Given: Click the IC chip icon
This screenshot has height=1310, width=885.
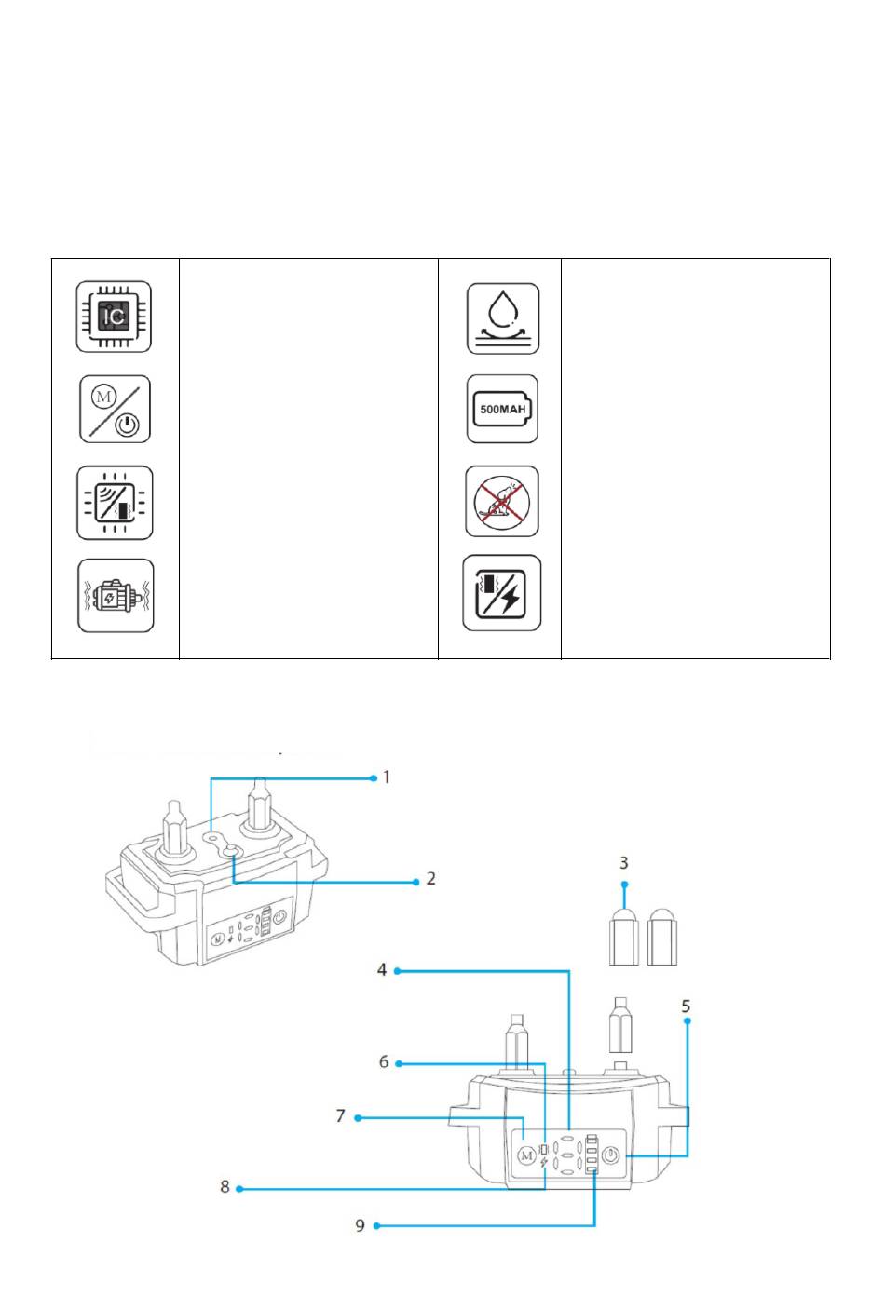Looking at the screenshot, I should (114, 317).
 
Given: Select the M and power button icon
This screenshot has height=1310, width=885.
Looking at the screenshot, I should (115, 409).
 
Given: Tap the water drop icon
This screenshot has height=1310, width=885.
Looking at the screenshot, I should (503, 318).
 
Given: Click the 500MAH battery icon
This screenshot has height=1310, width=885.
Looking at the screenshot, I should (503, 409).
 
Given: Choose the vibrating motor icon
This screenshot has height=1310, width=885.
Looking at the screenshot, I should (115, 596).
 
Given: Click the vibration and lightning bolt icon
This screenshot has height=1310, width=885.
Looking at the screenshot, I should (502, 593).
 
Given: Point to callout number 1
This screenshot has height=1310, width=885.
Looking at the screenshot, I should (387, 777).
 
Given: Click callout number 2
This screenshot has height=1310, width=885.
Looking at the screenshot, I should (430, 878).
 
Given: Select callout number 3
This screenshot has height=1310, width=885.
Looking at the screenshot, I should (624, 863).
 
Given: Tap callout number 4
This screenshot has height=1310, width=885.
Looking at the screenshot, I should (382, 969).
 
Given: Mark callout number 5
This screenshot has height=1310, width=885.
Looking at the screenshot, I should (687, 1006).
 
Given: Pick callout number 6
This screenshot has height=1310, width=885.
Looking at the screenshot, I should (384, 1061).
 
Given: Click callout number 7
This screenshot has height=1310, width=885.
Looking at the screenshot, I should (341, 1115).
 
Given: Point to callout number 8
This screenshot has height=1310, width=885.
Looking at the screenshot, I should (225, 1187).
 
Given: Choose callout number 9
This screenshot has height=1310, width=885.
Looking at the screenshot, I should (361, 1224).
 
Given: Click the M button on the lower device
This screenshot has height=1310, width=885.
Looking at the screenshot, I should (525, 1155).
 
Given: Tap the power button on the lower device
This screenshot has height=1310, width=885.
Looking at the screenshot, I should (610, 1155).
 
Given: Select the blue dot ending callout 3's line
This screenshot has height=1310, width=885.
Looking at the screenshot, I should (624, 884).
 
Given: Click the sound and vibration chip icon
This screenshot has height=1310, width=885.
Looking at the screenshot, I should (115, 502).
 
